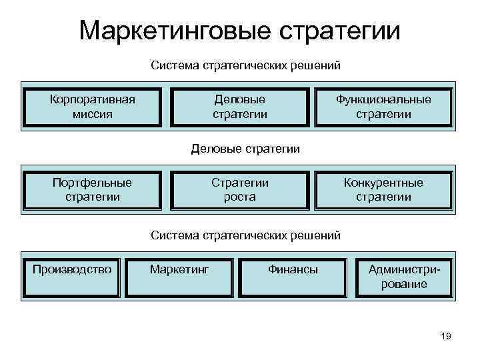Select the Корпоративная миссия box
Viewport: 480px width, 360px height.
click(x=93, y=107)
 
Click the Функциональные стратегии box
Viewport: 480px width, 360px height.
click(x=383, y=107)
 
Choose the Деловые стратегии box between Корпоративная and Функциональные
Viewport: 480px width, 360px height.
click(x=240, y=107)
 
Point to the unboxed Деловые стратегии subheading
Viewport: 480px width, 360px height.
click(x=245, y=149)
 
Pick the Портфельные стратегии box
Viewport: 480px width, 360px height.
click(x=93, y=189)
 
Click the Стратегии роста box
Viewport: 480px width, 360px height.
click(x=240, y=189)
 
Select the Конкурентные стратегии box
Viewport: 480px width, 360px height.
click(x=383, y=189)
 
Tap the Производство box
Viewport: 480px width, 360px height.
click(x=72, y=277)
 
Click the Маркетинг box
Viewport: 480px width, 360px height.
click(x=179, y=277)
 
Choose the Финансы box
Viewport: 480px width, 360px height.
click(x=293, y=277)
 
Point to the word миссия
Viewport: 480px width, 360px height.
click(x=93, y=114)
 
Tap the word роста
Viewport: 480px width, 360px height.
click(x=240, y=197)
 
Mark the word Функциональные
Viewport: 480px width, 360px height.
click(x=383, y=99)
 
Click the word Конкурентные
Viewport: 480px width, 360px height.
click(x=383, y=182)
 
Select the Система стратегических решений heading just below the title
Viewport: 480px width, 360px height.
click(x=245, y=66)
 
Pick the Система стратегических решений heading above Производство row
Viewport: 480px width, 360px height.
click(x=245, y=235)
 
